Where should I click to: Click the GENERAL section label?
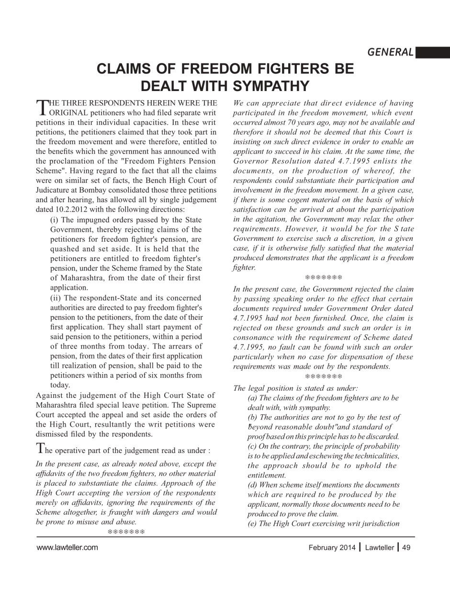click(390, 52)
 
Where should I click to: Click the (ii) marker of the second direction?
click(56, 297)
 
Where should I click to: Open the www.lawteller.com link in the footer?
click(67, 547)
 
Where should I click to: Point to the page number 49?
click(406, 547)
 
